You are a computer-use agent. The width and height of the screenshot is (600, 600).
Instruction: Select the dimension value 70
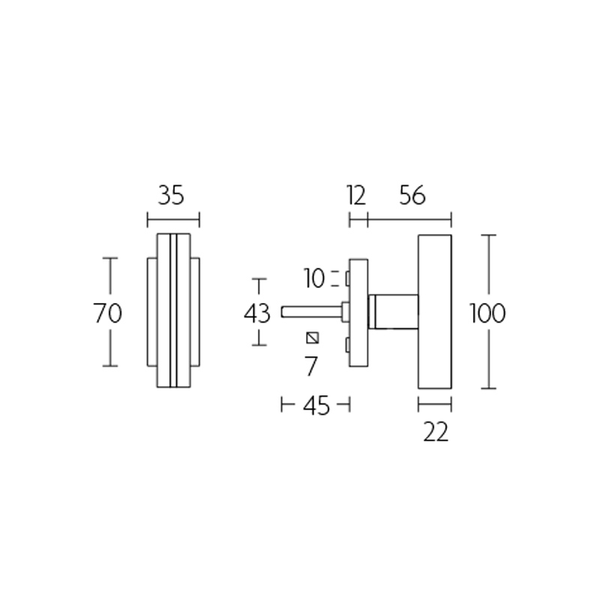coord(108,313)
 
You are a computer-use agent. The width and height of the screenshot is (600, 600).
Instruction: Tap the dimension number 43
coord(257,313)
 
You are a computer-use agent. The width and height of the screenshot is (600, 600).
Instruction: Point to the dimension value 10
coord(315,279)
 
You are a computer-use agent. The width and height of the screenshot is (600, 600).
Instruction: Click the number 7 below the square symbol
coord(311,366)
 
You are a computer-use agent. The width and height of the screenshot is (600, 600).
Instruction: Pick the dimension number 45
coord(316,406)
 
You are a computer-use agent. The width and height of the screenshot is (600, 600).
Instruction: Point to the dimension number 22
coord(435,432)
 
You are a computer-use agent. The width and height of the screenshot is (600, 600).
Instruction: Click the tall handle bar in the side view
coord(434,312)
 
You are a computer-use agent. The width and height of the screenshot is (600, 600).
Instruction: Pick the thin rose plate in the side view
coord(359,312)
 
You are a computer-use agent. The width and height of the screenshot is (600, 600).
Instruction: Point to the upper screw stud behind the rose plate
coord(347,279)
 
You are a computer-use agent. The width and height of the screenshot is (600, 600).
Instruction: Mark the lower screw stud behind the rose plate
coord(347,345)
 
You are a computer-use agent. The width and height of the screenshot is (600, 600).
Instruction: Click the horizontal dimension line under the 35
coord(173,220)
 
